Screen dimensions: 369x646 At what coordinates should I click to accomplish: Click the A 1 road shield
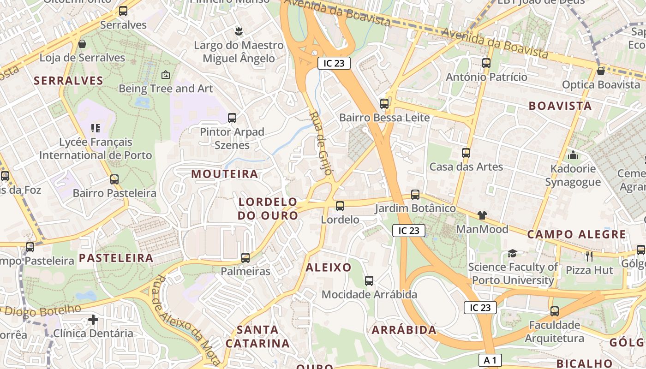click(490, 360)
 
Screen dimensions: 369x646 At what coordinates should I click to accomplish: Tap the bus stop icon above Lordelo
click(340, 206)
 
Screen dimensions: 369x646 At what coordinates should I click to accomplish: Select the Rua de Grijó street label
click(321, 143)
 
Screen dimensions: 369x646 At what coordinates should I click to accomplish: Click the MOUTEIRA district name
click(225, 174)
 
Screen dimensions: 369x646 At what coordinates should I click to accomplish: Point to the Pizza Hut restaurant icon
click(589, 256)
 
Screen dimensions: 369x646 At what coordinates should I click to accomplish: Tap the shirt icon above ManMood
click(482, 215)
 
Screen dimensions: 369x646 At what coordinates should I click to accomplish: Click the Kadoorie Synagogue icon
click(573, 155)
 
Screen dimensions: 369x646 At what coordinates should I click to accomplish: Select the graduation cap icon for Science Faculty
click(512, 253)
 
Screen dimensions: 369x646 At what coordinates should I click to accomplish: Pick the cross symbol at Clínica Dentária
click(93, 319)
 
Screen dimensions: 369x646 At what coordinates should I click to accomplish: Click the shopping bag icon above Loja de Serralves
click(82, 44)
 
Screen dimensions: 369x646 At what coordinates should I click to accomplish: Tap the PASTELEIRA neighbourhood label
click(116, 258)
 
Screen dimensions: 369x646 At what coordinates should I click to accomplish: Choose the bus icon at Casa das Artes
click(466, 153)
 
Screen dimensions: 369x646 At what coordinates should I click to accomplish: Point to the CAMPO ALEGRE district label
click(576, 234)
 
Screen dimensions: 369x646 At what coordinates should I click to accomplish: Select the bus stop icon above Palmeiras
click(245, 257)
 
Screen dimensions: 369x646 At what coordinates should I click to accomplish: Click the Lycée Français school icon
click(96, 128)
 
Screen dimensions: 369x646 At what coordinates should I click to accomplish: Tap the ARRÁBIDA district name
click(404, 330)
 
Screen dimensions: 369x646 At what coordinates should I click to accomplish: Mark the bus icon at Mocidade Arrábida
click(369, 280)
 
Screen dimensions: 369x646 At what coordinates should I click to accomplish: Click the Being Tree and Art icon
click(166, 75)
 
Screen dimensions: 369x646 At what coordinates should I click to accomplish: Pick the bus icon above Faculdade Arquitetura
click(555, 311)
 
